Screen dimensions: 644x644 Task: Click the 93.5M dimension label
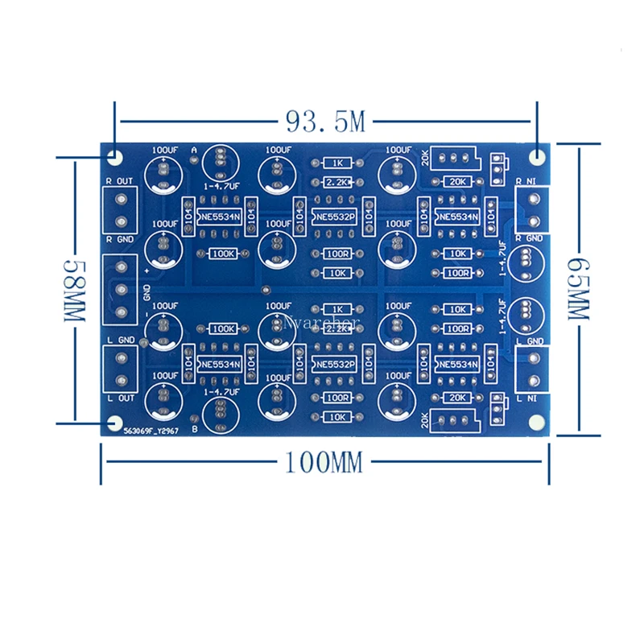tap(325, 122)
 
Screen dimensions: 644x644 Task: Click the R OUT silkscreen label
tap(119, 180)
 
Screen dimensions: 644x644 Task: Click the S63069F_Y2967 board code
tap(152, 431)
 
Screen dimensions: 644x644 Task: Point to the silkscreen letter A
tap(195, 151)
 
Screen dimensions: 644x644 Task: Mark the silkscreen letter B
tap(195, 429)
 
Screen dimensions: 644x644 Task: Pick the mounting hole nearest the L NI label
tap(537, 423)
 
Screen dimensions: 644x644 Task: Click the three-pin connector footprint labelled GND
tap(122, 290)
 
